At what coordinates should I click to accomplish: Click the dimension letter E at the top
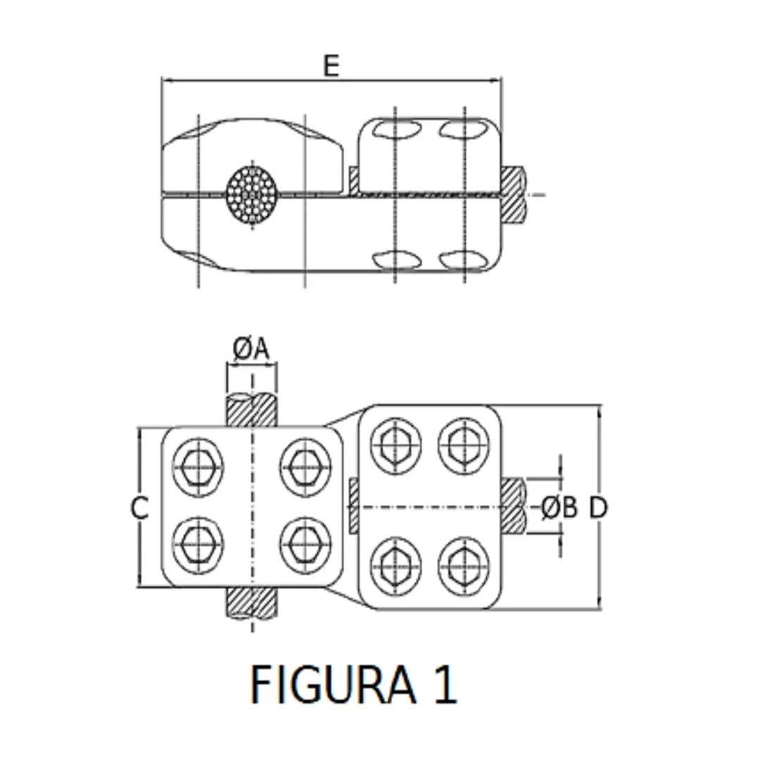tap(331, 65)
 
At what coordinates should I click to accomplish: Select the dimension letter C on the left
tap(141, 507)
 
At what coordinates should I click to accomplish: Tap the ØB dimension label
tap(559, 507)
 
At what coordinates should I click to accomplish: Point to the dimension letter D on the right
tap(598, 507)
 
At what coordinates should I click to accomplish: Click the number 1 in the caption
tap(445, 685)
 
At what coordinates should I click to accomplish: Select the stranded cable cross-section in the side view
tap(252, 196)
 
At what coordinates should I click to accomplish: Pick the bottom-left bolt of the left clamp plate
tap(199, 545)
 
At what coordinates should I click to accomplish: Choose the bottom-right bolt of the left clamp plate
tap(305, 545)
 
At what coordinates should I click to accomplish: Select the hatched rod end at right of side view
tap(513, 195)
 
